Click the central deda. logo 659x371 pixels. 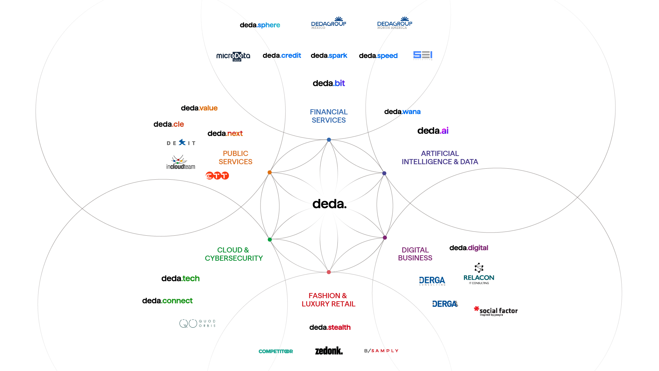tap(329, 204)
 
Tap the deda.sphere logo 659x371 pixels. tap(260, 25)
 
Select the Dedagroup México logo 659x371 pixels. tap(328, 23)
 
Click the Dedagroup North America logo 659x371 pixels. tap(395, 23)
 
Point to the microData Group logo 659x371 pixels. tap(233, 56)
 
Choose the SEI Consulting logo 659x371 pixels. tap(423, 55)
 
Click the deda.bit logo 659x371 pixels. tap(329, 83)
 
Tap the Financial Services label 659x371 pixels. tap(329, 116)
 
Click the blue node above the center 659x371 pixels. tap(329, 140)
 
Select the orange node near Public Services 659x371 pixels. tap(269, 172)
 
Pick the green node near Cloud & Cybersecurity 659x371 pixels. tap(270, 239)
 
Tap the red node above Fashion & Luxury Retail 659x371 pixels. tap(329, 272)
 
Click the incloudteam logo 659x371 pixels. tap(181, 162)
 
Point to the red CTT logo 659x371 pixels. tap(217, 176)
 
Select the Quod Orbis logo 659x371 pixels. tap(197, 323)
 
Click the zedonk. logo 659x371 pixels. tap(329, 351)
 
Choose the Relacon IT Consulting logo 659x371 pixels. tap(479, 274)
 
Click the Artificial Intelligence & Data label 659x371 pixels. tap(440, 158)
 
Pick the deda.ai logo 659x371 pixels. tap(433, 131)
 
